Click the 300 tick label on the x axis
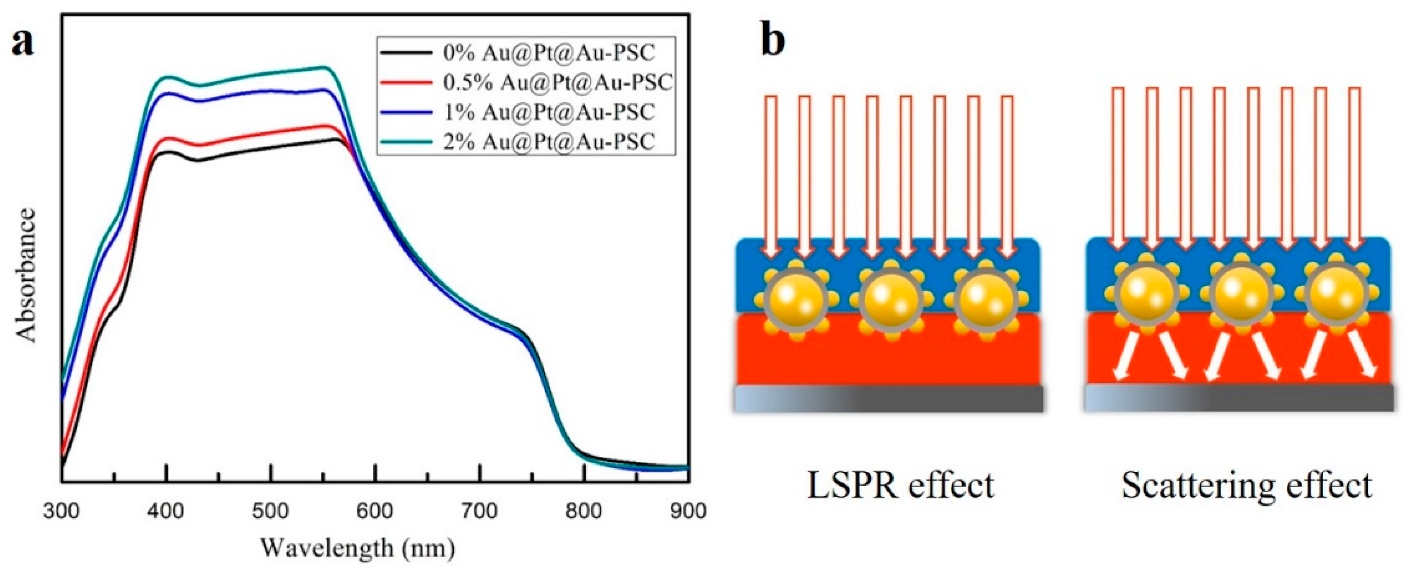pyautogui.click(x=62, y=511)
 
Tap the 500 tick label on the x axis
pyautogui.click(x=271, y=511)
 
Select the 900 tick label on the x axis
pyautogui.click(x=688, y=511)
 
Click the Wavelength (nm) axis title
pyautogui.click(x=357, y=547)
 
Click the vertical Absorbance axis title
pyautogui.click(x=26, y=276)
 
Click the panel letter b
pyautogui.click(x=772, y=42)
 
